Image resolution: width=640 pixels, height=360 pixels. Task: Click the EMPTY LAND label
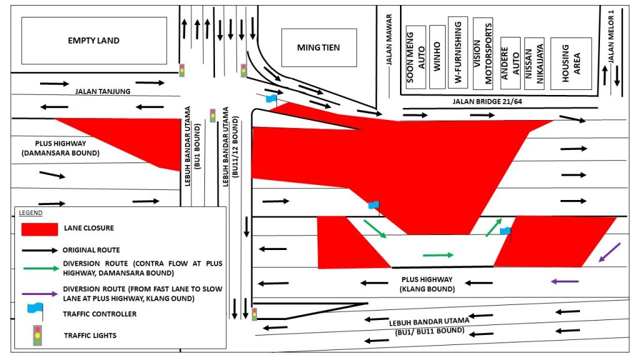(94, 41)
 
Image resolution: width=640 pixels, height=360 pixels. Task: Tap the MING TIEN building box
(319, 47)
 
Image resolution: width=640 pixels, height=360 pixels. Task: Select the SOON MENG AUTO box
(416, 57)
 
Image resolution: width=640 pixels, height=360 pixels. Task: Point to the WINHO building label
(437, 57)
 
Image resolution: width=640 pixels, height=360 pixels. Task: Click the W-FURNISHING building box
(458, 52)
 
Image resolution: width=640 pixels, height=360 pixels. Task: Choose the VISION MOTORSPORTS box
(483, 54)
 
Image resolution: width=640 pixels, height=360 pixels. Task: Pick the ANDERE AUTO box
(510, 63)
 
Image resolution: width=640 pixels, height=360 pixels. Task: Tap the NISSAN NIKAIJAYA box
(534, 63)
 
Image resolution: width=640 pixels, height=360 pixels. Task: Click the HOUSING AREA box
(571, 64)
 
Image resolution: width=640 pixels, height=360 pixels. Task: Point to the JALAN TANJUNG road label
(103, 91)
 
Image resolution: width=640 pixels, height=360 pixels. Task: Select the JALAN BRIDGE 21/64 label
(487, 101)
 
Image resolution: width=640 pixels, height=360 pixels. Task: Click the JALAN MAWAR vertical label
(389, 39)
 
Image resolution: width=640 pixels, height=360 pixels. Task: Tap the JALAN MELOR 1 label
(611, 36)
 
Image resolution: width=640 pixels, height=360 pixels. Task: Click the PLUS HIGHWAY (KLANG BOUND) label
(427, 284)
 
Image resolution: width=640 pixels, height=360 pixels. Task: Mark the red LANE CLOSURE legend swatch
(39, 229)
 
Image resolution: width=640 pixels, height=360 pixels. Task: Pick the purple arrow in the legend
(40, 294)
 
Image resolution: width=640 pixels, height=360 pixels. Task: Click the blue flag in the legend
(36, 310)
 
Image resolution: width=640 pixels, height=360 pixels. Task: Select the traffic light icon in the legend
(37, 336)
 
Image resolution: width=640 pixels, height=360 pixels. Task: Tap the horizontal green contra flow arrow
(438, 255)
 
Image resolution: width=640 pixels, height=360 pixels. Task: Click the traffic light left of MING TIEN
(243, 71)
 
